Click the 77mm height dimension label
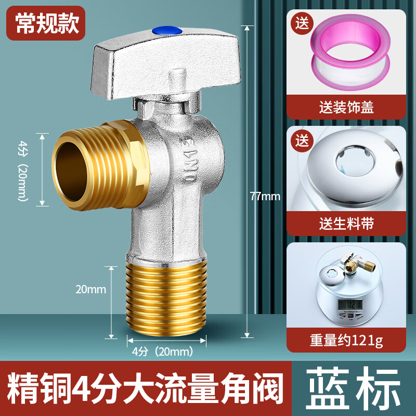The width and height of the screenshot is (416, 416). (x=265, y=196)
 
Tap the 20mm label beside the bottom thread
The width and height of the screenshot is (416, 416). (x=90, y=289)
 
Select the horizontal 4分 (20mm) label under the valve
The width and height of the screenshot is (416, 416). (x=163, y=351)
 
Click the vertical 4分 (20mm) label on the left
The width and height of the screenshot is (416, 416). (x=22, y=169)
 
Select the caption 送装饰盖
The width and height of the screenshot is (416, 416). (x=346, y=108)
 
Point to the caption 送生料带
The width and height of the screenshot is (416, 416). (x=346, y=224)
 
